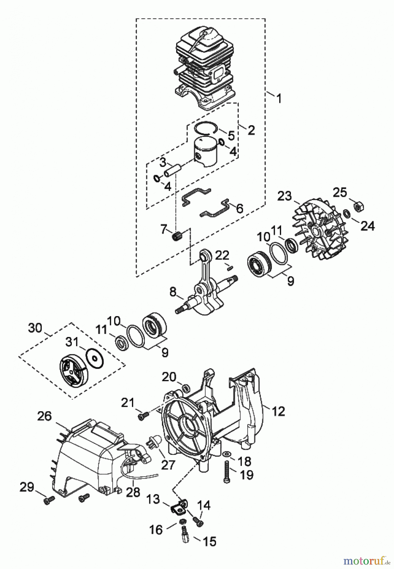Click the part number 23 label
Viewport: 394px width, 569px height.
pyautogui.click(x=284, y=196)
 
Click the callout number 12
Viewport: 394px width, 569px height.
pyautogui.click(x=279, y=411)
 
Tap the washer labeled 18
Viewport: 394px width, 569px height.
pyautogui.click(x=227, y=454)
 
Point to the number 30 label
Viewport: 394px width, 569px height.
pyautogui.click(x=35, y=328)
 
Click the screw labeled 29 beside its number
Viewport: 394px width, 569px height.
pyautogui.click(x=49, y=500)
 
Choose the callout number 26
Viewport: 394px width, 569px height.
pyautogui.click(x=44, y=416)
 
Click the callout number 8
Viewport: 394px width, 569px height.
pyautogui.click(x=173, y=292)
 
